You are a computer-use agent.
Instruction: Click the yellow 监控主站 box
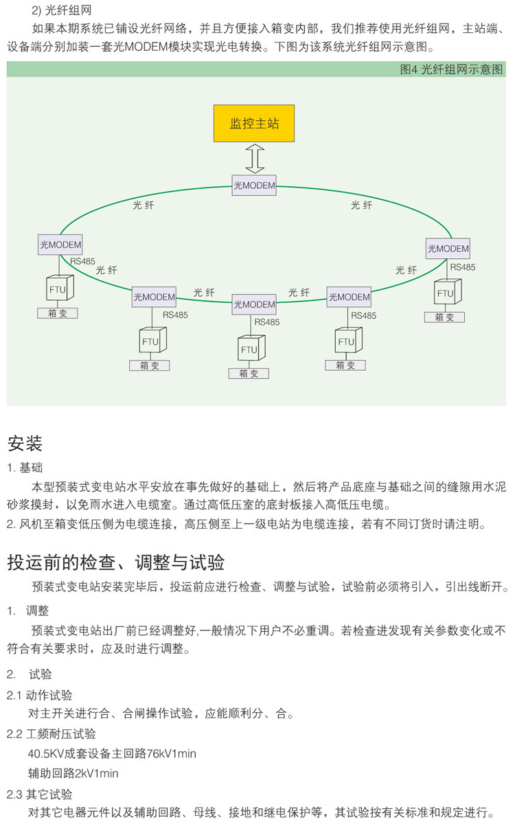tap(254, 124)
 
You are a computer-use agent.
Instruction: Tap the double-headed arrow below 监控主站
tap(255, 159)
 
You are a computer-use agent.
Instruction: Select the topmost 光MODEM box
tap(254, 185)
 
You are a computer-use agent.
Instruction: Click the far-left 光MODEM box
tap(60, 244)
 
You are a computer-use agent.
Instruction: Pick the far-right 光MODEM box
tap(448, 249)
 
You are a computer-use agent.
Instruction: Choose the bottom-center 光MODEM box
tap(254, 304)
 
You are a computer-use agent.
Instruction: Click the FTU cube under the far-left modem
tap(58, 289)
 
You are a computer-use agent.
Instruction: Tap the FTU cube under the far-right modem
tap(446, 293)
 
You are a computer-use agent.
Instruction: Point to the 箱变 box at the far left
tap(58, 313)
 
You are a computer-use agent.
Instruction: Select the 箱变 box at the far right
tap(444, 317)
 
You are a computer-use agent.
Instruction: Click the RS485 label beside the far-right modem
tap(463, 267)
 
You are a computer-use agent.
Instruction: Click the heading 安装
tap(25, 444)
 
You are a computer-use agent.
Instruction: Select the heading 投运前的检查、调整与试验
tap(116, 562)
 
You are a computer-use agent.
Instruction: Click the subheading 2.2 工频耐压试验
tap(51, 734)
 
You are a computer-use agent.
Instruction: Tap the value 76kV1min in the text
tap(171, 753)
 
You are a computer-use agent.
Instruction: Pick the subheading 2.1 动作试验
tap(40, 695)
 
